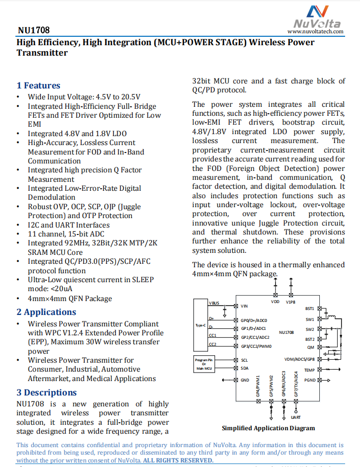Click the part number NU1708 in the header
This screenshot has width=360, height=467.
pyautogui.click(x=33, y=31)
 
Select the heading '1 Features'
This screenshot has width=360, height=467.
pyautogui.click(x=38, y=85)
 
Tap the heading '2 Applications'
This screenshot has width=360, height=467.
pyautogui.click(x=46, y=312)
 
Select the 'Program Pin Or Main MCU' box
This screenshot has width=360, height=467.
pyautogui.click(x=204, y=363)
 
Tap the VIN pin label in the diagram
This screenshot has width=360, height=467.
pyautogui.click(x=244, y=306)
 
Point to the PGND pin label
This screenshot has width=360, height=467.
pyautogui.click(x=309, y=380)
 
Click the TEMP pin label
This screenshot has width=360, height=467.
pyautogui.click(x=309, y=370)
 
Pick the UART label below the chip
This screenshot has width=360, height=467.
pyautogui.click(x=296, y=417)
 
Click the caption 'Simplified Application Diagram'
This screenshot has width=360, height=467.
pyautogui.click(x=268, y=428)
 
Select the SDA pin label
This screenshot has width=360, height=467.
pyautogui.click(x=244, y=368)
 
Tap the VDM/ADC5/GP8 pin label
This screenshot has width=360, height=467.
pyautogui.click(x=299, y=359)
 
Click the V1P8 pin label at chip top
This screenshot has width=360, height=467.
pyautogui.click(x=291, y=302)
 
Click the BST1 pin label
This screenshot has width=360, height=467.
pyautogui.click(x=309, y=308)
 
